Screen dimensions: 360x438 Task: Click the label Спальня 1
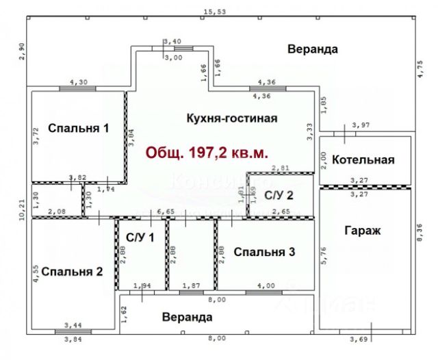pos(78,127)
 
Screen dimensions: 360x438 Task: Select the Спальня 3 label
pos(264,253)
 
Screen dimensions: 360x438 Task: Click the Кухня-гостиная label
pos(231,118)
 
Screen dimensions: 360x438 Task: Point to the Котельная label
pos(363,159)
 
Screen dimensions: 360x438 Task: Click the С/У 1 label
pos(140,237)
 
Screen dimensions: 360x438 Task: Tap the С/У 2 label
pos(279,194)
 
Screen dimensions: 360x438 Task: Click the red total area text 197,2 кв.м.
pos(205,152)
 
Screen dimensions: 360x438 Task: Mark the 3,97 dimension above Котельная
pos(360,125)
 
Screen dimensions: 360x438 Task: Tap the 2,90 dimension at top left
pos(21,52)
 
